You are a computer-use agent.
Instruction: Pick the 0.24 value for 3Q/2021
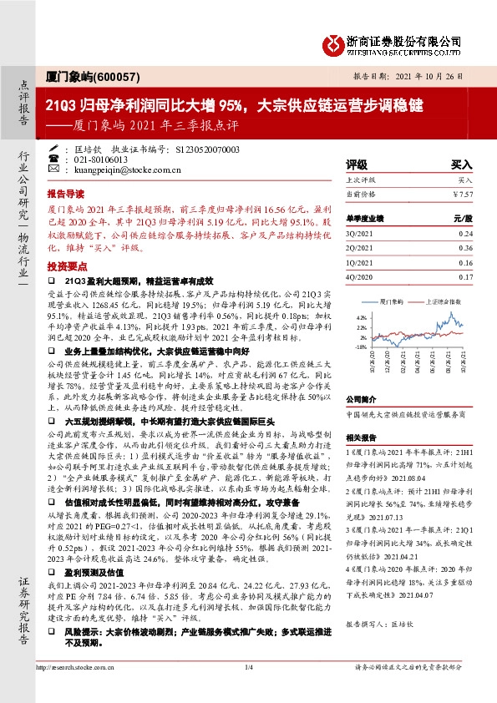click(x=466, y=233)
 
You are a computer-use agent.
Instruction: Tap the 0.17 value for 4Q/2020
click(x=466, y=276)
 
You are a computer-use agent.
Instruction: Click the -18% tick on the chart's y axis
click(x=360, y=346)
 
